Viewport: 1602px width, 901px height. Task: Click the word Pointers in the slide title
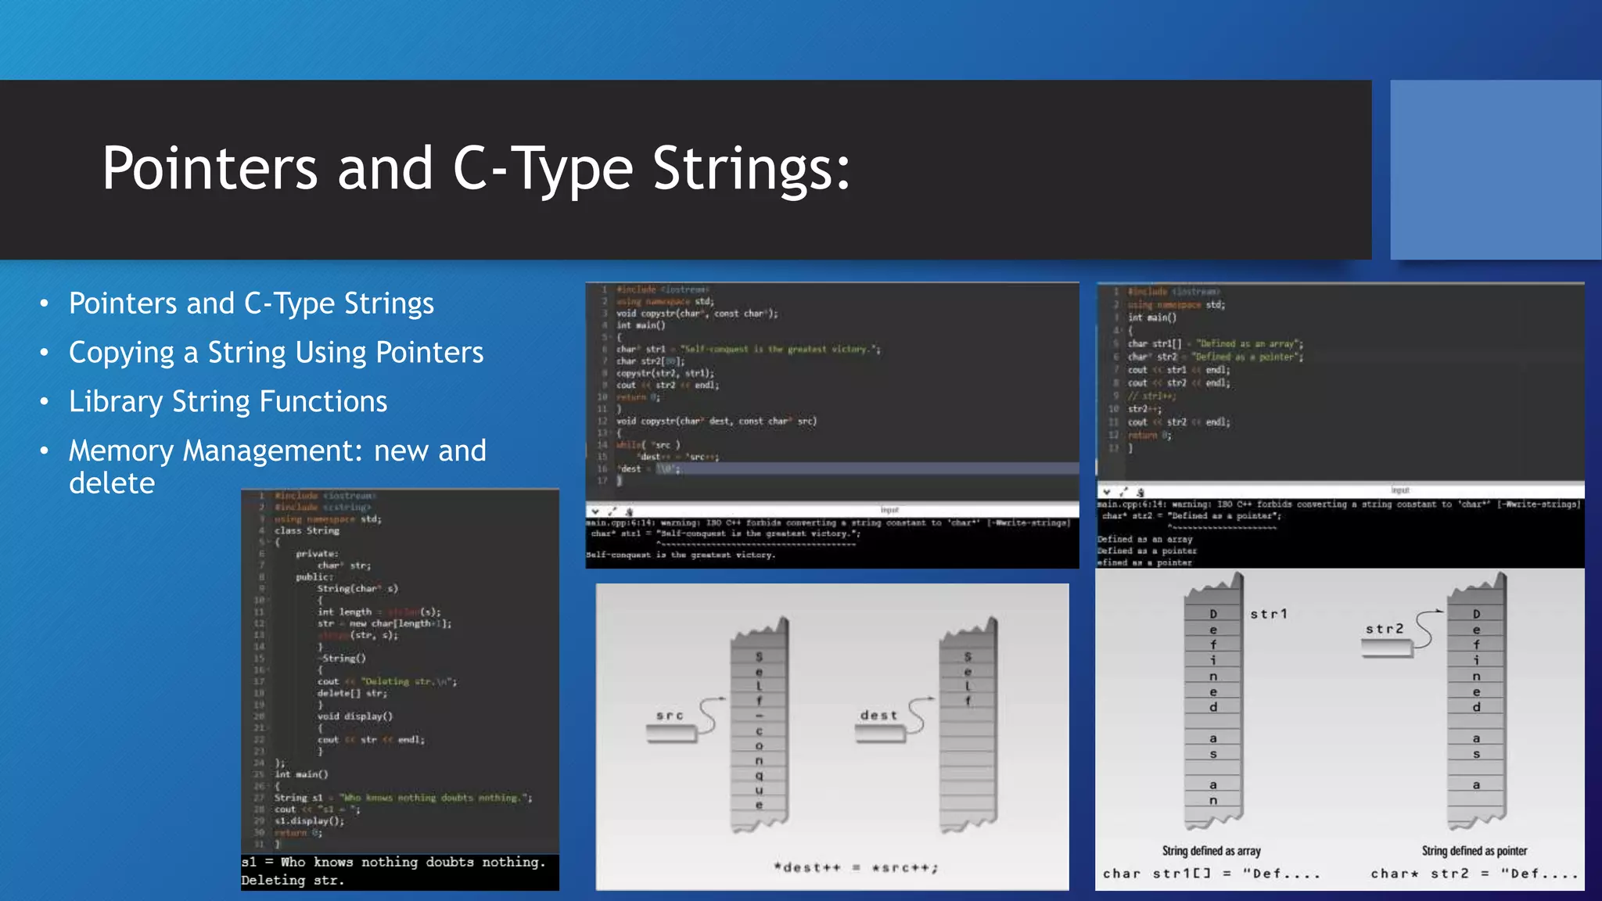pos(210,168)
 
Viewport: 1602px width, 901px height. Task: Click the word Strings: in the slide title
pos(751,168)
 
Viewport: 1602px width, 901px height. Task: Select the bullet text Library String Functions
pos(228,401)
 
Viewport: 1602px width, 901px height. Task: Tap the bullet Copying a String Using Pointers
pos(276,353)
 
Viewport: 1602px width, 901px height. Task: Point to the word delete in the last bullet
pos(112,483)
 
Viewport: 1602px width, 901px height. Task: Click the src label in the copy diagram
pos(670,715)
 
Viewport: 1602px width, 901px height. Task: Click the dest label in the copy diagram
pos(878,715)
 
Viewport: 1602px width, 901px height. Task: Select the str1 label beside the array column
pos(1268,614)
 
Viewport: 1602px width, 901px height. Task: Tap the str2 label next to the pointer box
pos(1385,629)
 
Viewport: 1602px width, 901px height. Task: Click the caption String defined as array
pos(1211,851)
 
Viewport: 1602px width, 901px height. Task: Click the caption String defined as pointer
pos(1474,851)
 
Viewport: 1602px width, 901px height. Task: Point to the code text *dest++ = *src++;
pos(855,867)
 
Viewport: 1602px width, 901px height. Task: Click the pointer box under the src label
pos(671,734)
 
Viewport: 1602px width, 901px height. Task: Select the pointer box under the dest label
pos(880,734)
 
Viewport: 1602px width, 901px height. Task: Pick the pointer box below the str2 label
pos(1386,648)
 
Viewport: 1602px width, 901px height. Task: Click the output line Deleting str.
pos(293,881)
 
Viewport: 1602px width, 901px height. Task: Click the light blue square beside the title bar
pos(1495,170)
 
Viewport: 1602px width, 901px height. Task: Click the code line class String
pos(307,530)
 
